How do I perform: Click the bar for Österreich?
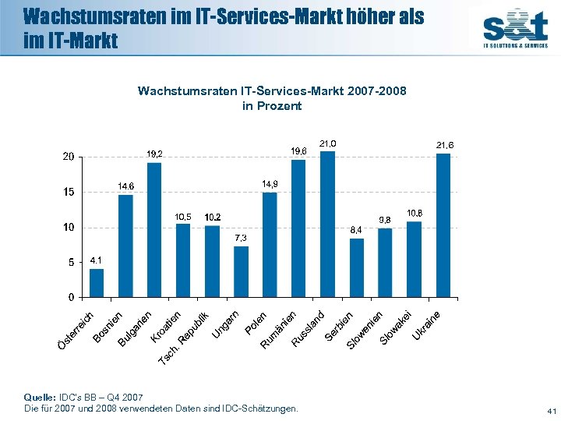tap(97, 283)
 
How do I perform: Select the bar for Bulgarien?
tap(154, 230)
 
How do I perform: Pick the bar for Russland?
tap(327, 225)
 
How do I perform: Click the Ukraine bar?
tap(443, 225)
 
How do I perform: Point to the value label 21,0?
tap(328, 143)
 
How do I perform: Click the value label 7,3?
tap(241, 238)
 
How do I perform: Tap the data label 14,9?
tap(270, 183)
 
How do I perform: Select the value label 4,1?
tap(96, 260)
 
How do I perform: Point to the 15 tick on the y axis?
tap(69, 192)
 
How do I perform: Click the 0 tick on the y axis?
tap(72, 297)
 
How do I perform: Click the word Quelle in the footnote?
tap(40, 398)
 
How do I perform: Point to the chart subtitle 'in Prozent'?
tap(272, 106)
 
